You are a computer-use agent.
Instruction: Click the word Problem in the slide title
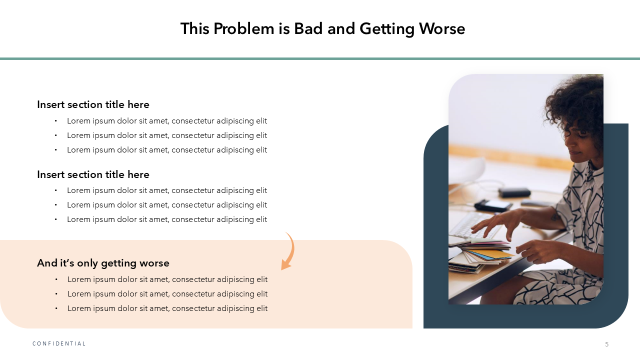pyautogui.click(x=243, y=29)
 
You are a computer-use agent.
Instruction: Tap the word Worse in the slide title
pyautogui.click(x=442, y=29)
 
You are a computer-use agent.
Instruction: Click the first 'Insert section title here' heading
pyautogui.click(x=93, y=104)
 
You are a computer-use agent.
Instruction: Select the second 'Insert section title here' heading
pyautogui.click(x=93, y=174)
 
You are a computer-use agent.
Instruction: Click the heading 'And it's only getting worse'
pyautogui.click(x=103, y=263)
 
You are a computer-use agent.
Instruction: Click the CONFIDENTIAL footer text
pyautogui.click(x=59, y=343)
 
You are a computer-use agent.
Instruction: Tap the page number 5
pyautogui.click(x=607, y=344)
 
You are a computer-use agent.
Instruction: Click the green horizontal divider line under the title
pyautogui.click(x=320, y=59)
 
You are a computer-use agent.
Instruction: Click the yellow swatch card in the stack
pyautogui.click(x=497, y=254)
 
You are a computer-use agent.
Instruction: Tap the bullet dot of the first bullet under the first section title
pyautogui.click(x=55, y=121)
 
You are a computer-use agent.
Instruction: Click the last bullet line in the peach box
pyautogui.click(x=167, y=308)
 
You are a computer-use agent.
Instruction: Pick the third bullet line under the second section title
pyautogui.click(x=167, y=219)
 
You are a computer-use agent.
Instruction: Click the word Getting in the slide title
pyautogui.click(x=387, y=29)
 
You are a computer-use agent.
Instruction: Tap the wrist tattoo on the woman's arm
pyautogui.click(x=556, y=217)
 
